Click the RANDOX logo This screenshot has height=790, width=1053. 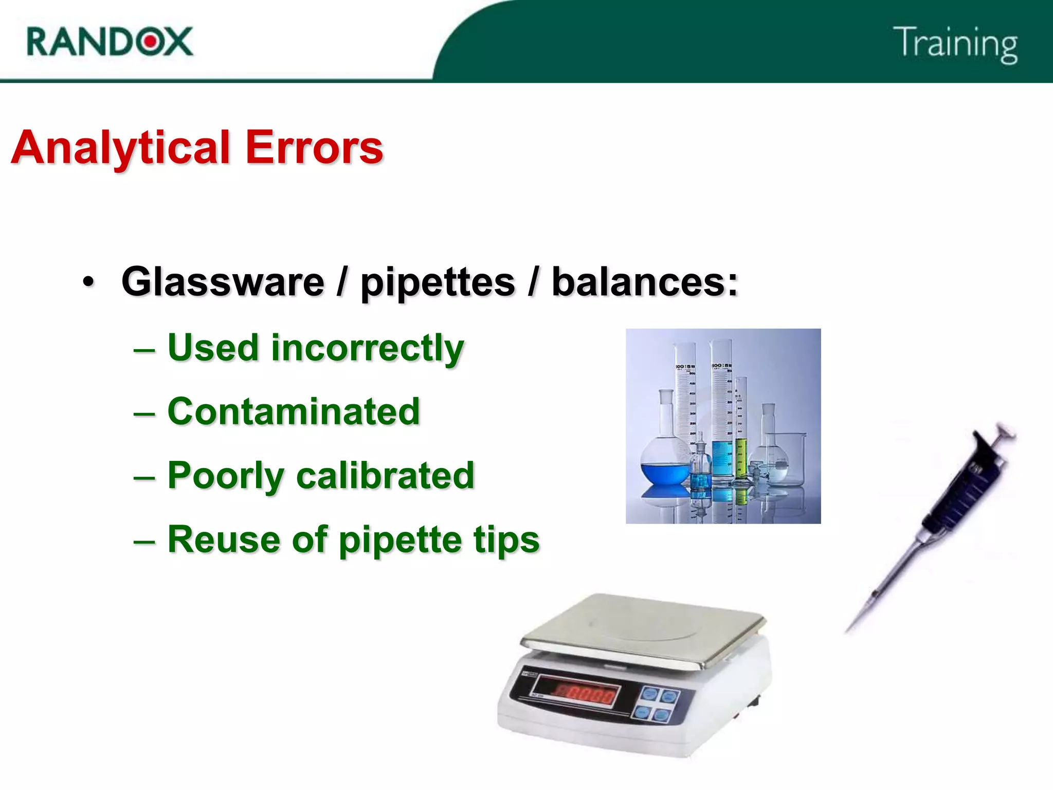click(110, 41)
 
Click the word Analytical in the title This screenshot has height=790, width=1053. click(120, 148)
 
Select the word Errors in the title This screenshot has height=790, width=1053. click(314, 148)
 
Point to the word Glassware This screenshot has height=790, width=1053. click(223, 282)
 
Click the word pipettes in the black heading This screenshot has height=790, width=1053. click(438, 283)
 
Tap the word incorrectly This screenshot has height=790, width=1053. click(367, 349)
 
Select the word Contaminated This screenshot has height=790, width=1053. click(294, 412)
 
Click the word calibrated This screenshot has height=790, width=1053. click(385, 476)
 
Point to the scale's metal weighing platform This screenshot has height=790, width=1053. click(643, 630)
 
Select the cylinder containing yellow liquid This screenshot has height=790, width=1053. click(740, 458)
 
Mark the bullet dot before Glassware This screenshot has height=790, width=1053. click(88, 282)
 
